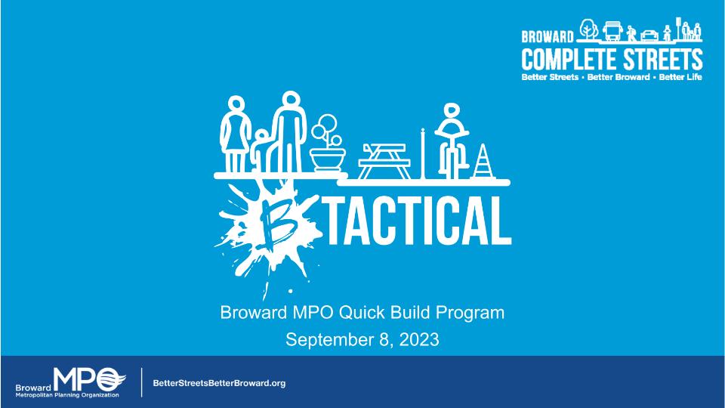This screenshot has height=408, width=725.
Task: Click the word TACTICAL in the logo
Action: tap(419, 221)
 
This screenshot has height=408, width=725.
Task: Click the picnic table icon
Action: tap(384, 161)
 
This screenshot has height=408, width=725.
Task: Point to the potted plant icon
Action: tap(327, 144)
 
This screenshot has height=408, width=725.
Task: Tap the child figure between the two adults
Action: tap(262, 150)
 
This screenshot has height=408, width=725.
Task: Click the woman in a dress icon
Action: tap(236, 134)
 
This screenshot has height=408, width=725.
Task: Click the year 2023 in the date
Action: tap(419, 339)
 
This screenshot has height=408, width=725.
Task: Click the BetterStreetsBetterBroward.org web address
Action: tap(219, 383)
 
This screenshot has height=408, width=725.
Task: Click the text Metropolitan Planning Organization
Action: tap(67, 395)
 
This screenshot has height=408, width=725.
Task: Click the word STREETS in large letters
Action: tap(663, 60)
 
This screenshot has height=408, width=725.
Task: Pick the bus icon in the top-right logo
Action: tap(612, 31)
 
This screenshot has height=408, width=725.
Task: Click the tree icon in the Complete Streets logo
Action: tap(588, 29)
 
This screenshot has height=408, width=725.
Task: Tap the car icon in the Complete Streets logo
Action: tap(649, 36)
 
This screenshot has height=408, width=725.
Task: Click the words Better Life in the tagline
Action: tap(680, 77)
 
